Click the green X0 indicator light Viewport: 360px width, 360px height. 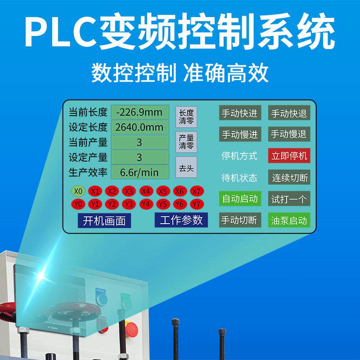point(78,191)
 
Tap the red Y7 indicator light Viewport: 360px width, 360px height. point(196,204)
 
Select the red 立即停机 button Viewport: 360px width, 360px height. point(289,156)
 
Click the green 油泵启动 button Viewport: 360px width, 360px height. point(289,220)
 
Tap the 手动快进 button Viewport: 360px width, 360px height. point(239,113)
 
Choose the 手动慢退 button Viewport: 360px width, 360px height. point(289,134)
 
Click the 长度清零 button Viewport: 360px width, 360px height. point(186,116)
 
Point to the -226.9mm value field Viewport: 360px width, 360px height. point(139,112)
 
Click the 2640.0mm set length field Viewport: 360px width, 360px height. point(139,127)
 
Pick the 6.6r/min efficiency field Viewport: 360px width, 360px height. point(139,171)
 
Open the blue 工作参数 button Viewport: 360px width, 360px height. point(181,220)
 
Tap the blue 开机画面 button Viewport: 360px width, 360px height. point(104,221)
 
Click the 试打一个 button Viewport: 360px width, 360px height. point(289,199)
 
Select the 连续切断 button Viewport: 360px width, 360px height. point(289,177)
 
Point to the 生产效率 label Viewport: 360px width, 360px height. point(88,171)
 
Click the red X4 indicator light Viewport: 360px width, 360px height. point(145,191)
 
